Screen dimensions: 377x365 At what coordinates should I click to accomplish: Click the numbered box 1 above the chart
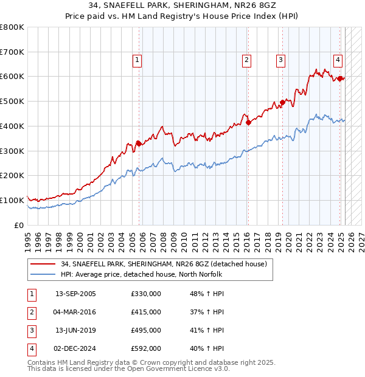click(x=137, y=60)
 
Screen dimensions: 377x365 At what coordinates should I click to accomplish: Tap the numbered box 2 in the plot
click(x=246, y=60)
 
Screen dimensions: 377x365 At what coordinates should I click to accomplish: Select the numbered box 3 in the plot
click(x=280, y=60)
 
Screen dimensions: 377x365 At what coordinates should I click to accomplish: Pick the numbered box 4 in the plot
click(x=338, y=60)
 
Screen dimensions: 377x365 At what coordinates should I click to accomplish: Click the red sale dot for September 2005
click(x=139, y=144)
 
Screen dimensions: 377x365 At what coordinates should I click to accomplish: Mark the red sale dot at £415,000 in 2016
click(x=249, y=122)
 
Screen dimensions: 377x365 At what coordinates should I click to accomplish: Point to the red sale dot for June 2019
click(x=283, y=103)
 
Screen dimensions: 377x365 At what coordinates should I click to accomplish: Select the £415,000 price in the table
click(x=145, y=312)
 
